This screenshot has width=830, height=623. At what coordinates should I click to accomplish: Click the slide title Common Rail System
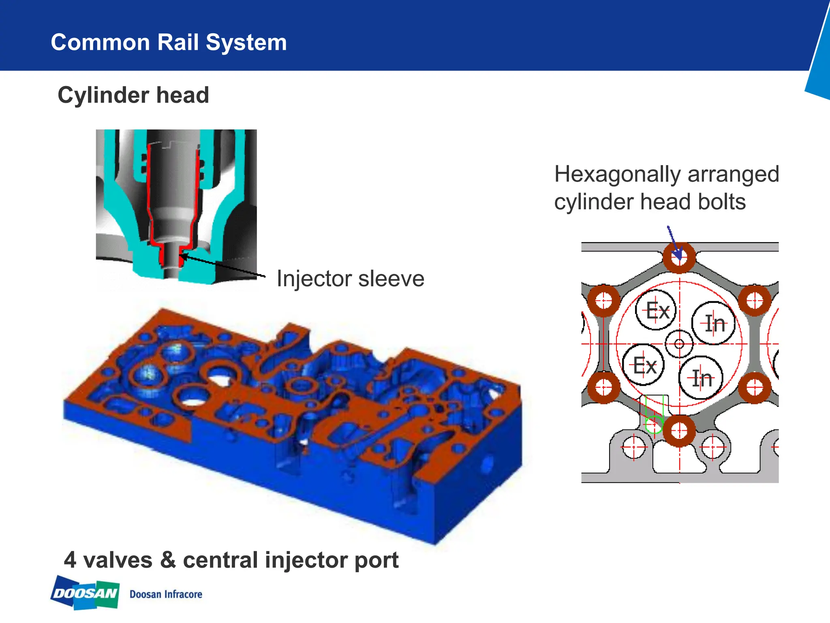click(169, 42)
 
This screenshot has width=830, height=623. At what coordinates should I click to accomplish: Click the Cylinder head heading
click(133, 95)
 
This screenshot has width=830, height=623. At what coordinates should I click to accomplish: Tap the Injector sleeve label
click(351, 279)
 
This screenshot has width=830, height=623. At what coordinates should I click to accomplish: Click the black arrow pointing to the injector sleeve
click(222, 266)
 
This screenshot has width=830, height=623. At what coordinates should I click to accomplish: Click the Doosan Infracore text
click(166, 594)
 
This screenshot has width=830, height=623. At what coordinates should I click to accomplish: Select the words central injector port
click(291, 560)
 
